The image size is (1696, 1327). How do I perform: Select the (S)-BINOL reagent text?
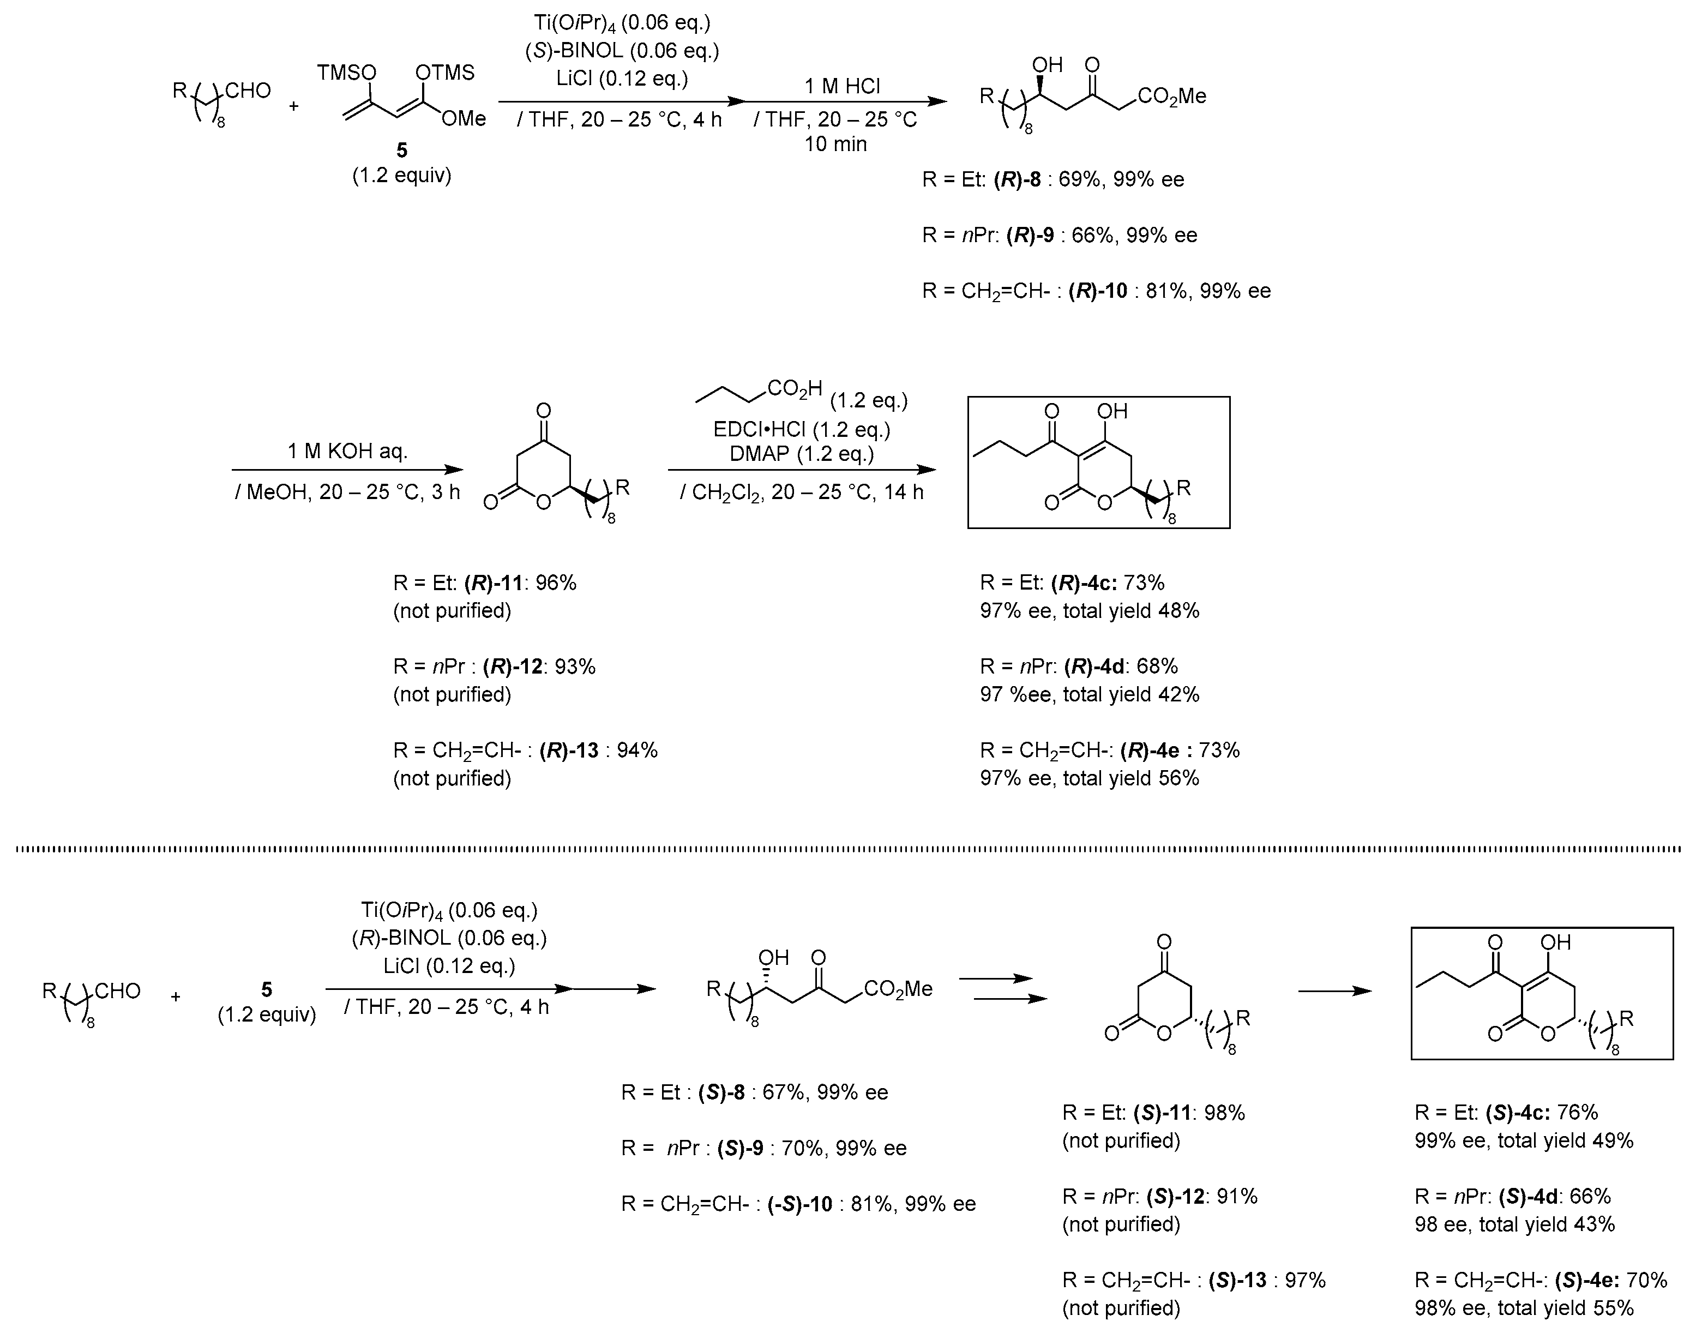point(622,51)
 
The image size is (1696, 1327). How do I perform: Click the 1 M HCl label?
point(842,86)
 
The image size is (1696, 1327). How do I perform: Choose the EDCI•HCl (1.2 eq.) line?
point(802,430)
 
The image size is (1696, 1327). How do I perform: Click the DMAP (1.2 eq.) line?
point(802,454)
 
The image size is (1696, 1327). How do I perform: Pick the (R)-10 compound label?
point(1098,291)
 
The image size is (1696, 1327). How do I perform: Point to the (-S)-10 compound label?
point(799,1204)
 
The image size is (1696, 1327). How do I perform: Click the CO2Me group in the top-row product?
point(1171,97)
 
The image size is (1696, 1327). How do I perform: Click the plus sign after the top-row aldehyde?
point(294,106)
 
